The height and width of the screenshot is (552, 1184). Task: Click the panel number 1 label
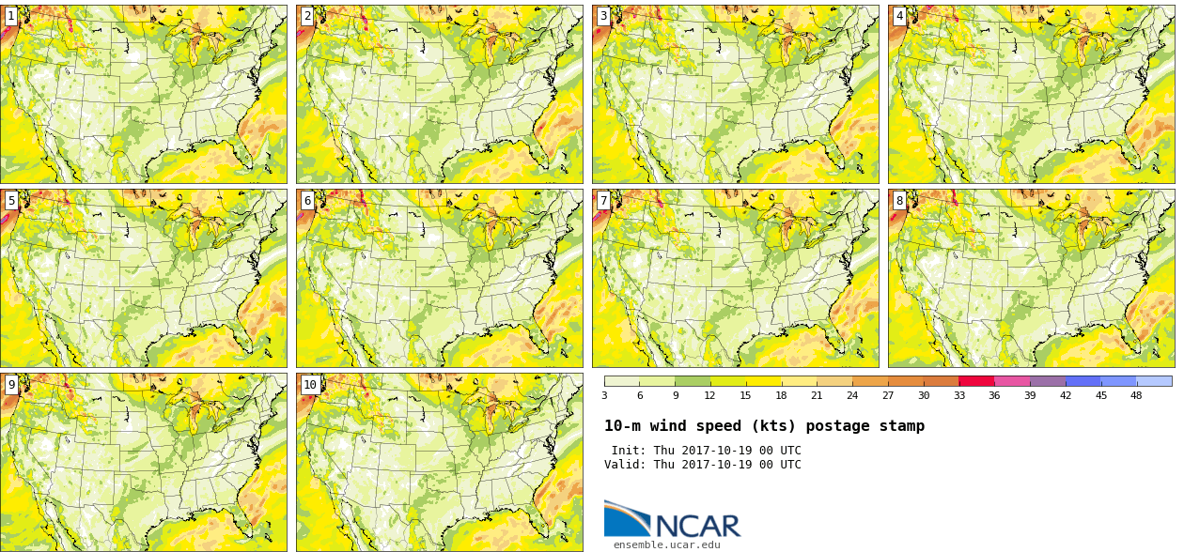tap(11, 16)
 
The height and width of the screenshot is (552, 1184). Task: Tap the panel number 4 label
tap(899, 16)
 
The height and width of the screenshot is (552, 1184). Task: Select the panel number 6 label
tap(307, 200)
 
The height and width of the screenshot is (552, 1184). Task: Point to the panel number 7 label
tap(603, 200)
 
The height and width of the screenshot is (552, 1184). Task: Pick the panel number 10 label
tap(310, 384)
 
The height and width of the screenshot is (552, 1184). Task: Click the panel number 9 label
tap(11, 384)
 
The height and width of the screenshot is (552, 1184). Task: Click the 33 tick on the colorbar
tap(959, 395)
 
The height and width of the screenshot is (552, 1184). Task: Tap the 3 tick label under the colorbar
tap(605, 395)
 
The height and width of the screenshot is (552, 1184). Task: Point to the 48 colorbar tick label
tap(1136, 395)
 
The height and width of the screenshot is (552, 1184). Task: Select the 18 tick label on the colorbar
tap(782, 395)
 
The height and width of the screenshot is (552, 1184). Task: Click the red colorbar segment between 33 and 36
tap(977, 381)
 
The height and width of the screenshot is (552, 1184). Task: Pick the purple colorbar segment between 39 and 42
tap(1048, 381)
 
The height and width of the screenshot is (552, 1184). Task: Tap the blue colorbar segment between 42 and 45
tap(1083, 381)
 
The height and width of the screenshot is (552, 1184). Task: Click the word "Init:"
tap(629, 451)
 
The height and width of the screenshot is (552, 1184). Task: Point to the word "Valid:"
tap(625, 465)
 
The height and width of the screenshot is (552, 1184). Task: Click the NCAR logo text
tap(698, 526)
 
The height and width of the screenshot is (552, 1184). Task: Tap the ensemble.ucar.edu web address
tap(667, 544)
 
